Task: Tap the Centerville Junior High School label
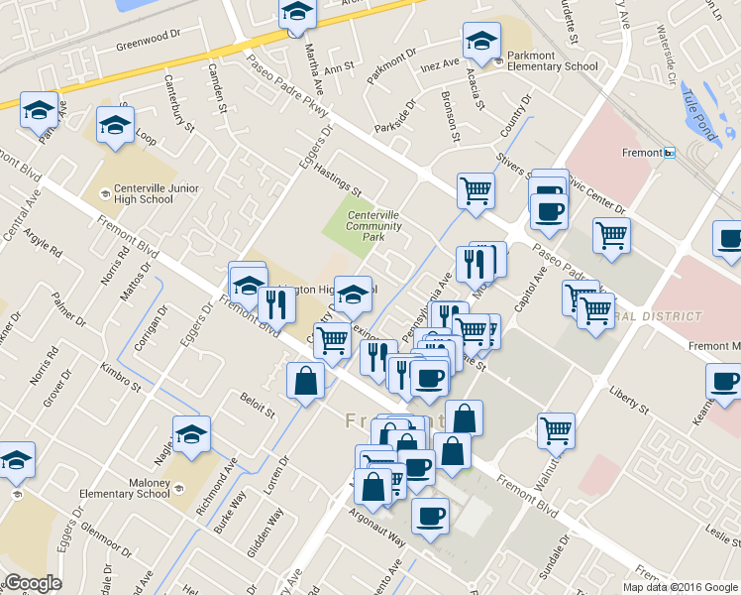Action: (144, 193)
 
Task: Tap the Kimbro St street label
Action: (120, 383)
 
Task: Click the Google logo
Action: (34, 583)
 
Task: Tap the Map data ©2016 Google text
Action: (681, 586)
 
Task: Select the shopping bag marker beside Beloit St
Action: (305, 380)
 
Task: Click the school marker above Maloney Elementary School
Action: (191, 433)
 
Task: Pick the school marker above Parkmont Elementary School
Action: (481, 41)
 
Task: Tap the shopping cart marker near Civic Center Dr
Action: (611, 236)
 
